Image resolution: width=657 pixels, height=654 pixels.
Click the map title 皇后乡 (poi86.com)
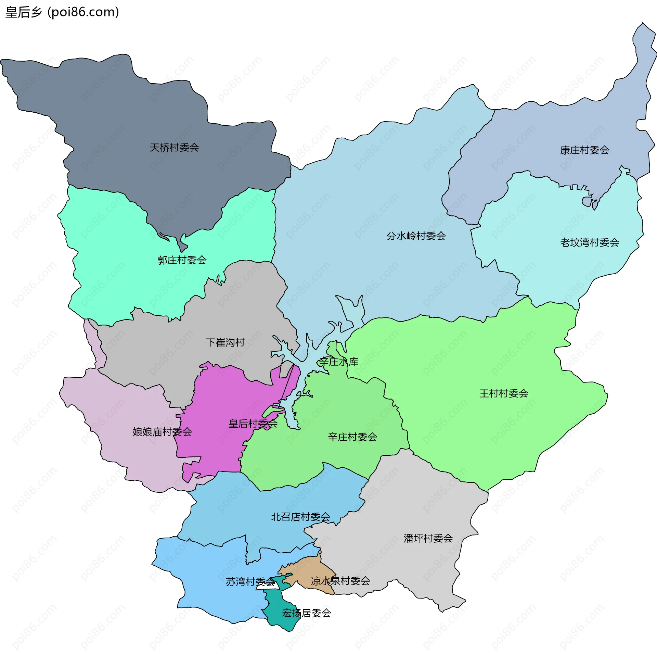click(62, 12)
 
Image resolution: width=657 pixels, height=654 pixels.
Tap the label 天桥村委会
click(174, 148)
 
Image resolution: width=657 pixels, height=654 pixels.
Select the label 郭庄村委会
click(182, 260)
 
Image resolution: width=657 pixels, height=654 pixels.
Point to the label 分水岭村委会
click(416, 236)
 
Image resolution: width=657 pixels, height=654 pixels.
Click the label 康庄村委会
click(584, 150)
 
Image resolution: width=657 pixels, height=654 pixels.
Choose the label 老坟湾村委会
click(589, 242)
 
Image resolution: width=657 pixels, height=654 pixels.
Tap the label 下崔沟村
click(225, 342)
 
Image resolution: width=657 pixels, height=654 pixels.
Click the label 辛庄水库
click(338, 362)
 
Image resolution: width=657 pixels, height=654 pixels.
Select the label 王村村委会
click(504, 393)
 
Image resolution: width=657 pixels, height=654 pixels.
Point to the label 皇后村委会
click(253, 424)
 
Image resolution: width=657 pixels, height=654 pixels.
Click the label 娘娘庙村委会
click(162, 432)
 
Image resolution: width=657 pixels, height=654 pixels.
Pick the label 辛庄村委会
click(352, 437)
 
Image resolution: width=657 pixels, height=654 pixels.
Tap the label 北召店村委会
click(300, 517)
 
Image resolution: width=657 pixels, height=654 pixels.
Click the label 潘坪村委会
click(428, 538)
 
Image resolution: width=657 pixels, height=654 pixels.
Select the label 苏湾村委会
click(250, 581)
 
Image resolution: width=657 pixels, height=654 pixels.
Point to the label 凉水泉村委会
click(340, 581)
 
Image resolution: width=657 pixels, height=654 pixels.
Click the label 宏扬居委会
click(306, 613)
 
